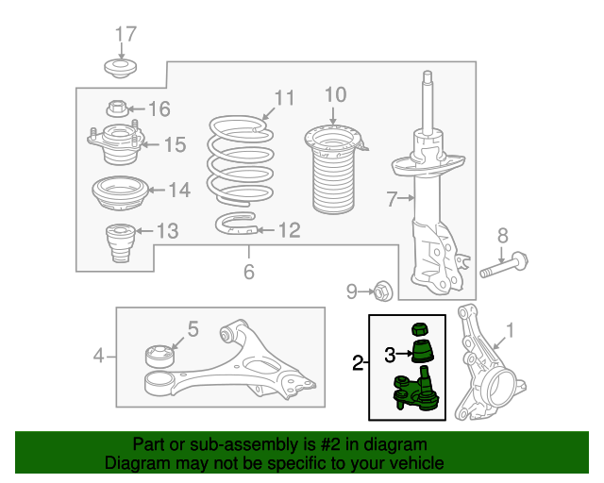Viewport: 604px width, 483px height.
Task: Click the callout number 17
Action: (126, 34)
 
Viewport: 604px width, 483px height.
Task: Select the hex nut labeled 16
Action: (117, 108)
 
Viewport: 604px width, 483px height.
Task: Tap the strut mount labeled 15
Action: (117, 143)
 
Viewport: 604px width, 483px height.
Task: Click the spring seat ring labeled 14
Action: (120, 192)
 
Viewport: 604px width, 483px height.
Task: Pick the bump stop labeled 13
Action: (120, 242)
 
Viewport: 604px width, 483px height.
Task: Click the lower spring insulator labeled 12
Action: (236, 224)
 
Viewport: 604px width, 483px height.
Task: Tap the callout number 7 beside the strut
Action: (392, 199)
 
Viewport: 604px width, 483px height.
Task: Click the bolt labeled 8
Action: (504, 267)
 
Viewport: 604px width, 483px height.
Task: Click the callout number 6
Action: (249, 272)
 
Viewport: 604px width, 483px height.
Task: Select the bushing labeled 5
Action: (159, 356)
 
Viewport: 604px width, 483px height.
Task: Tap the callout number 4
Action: (98, 356)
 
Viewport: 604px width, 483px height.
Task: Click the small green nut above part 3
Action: (421, 329)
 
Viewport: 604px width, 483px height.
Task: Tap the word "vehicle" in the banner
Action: (417, 463)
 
